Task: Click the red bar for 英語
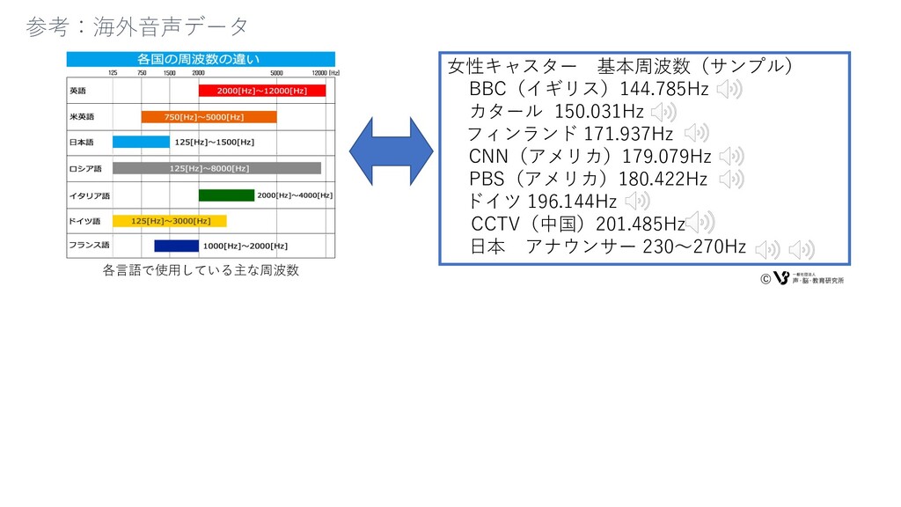point(262,91)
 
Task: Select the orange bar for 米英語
point(209,116)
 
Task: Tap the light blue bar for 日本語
point(140,142)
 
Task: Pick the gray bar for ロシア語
point(216,168)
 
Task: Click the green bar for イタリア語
point(226,195)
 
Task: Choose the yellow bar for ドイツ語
point(169,221)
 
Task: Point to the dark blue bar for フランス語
point(176,246)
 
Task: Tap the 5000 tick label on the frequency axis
point(276,73)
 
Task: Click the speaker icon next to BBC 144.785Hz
point(729,89)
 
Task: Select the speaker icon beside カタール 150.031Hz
point(664,112)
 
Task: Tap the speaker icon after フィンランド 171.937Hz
point(696,134)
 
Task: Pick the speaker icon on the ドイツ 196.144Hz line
point(637,202)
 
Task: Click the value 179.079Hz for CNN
point(666,157)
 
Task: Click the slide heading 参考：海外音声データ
point(137,26)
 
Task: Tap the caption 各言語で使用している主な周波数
point(201,270)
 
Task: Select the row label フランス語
point(89,246)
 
